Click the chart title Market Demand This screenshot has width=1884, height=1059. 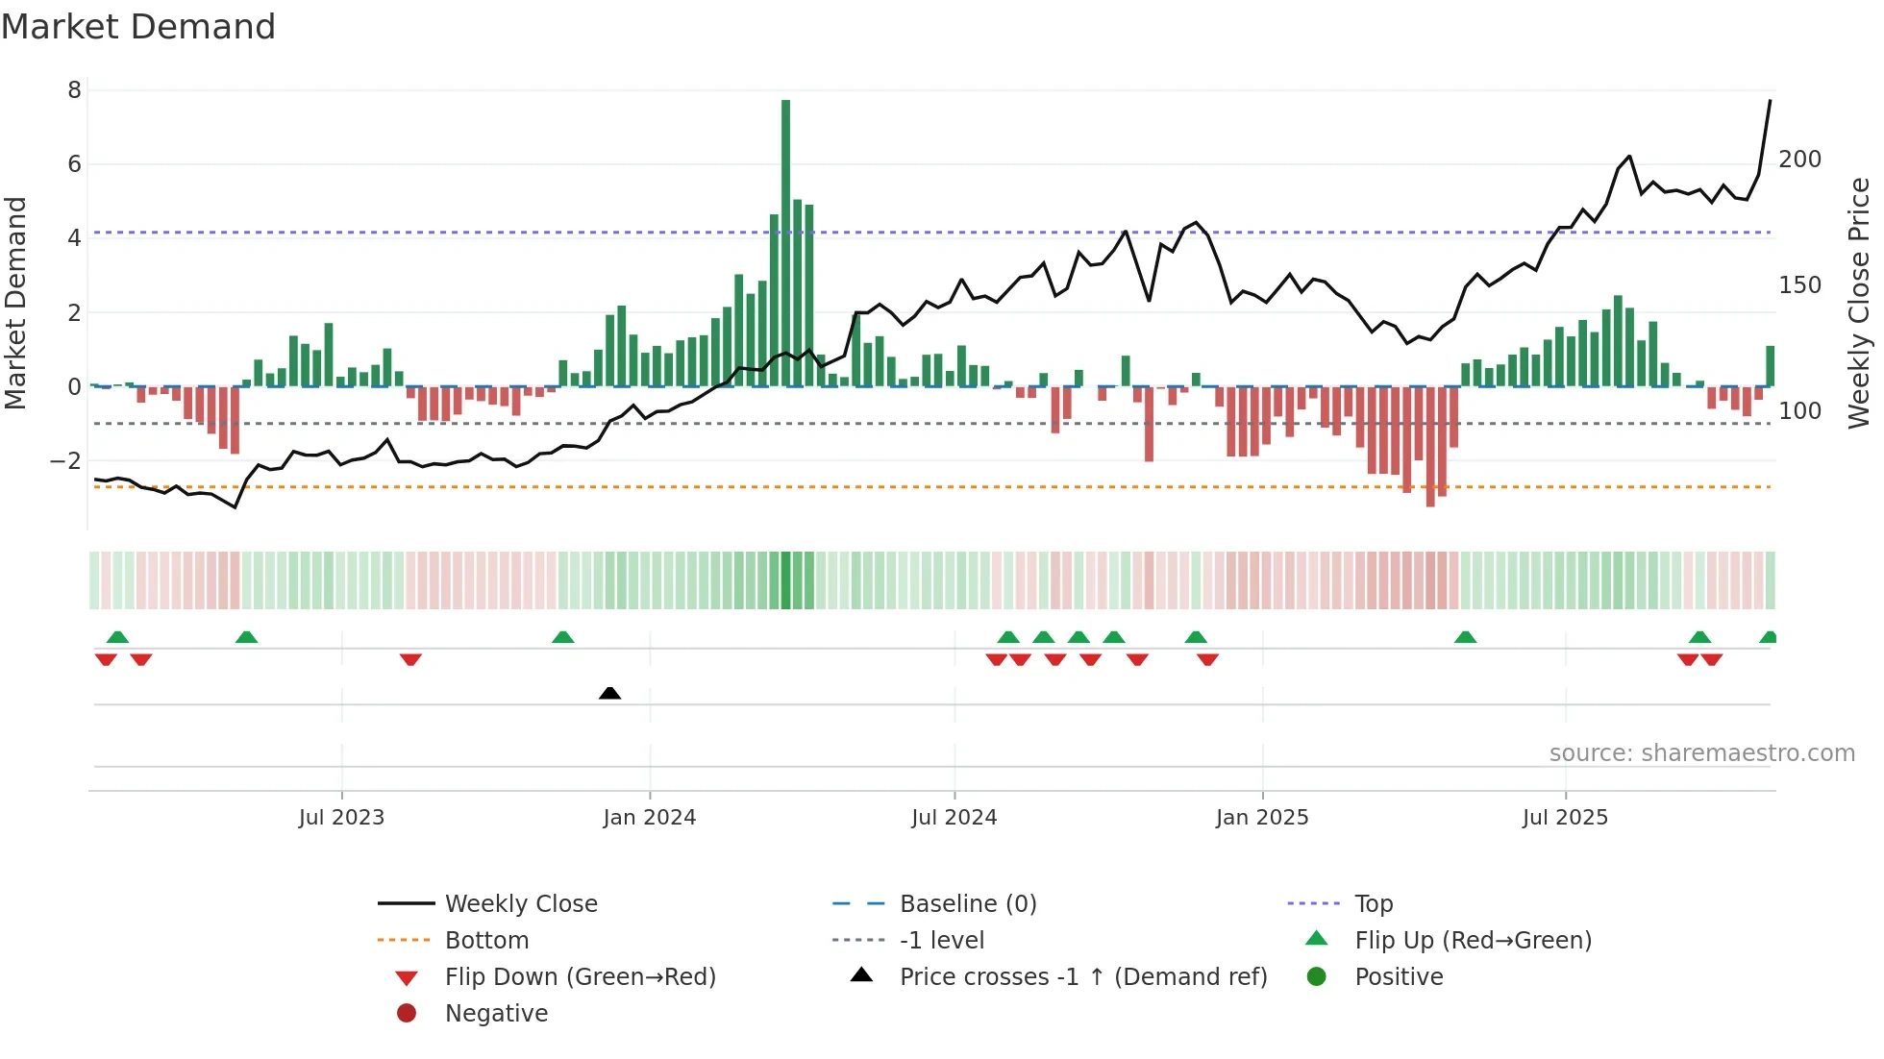coord(138,27)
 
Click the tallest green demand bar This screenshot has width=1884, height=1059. coord(785,240)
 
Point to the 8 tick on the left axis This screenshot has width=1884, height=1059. coord(74,90)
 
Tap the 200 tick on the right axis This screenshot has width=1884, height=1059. coord(1799,160)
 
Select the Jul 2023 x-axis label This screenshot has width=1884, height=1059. coord(341,818)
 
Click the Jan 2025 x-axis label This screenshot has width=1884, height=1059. coord(1261,818)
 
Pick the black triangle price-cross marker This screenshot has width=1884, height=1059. coord(609,693)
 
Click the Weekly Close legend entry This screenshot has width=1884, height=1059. coord(520,904)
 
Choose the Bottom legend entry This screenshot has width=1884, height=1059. coord(486,941)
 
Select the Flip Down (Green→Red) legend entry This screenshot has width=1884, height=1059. coord(580,977)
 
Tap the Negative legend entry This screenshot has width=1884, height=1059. coord(496,1014)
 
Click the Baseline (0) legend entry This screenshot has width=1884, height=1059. coord(967,904)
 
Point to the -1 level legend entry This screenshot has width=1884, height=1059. coord(941,941)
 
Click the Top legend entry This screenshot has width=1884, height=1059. coord(1373,904)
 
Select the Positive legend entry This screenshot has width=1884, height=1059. coord(1398,977)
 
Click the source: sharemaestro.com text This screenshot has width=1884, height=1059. coord(1701,753)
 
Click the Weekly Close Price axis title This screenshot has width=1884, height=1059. coord(1859,303)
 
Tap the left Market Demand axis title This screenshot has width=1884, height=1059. coord(15,303)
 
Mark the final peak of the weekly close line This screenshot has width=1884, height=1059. coord(1770,101)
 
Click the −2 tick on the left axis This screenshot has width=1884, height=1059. coord(66,461)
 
